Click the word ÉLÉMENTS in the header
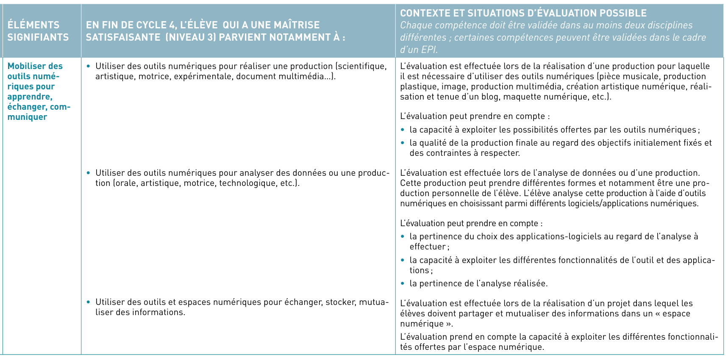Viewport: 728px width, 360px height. click(33, 25)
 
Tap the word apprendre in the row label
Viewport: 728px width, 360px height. click(30, 97)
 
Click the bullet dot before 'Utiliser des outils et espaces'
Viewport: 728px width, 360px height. click(88, 302)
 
